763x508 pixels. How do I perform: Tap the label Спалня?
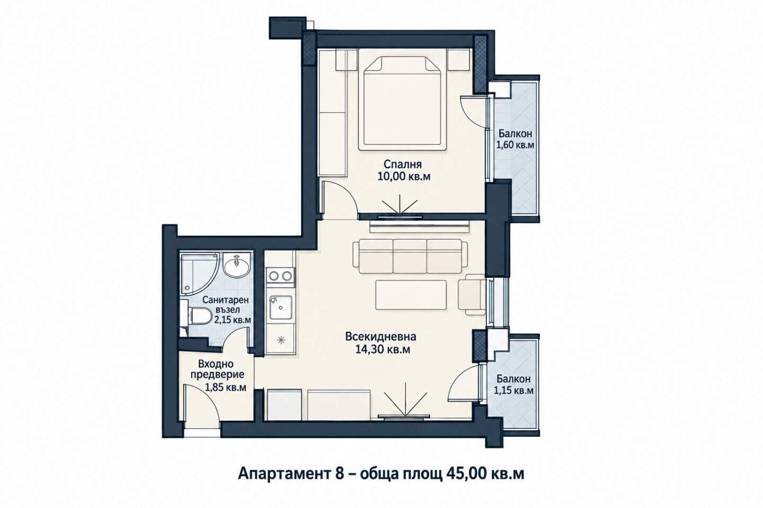click(x=403, y=165)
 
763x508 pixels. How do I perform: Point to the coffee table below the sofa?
click(x=411, y=295)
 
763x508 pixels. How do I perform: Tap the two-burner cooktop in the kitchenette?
click(x=280, y=275)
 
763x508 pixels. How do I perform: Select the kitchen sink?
click(x=281, y=307)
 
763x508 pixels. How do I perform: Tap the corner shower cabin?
click(x=197, y=272)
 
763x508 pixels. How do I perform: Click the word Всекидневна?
click(x=380, y=337)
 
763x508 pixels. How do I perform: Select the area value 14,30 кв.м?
click(x=383, y=349)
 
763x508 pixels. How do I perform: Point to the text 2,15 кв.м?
click(x=233, y=320)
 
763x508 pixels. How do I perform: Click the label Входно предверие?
click(x=217, y=369)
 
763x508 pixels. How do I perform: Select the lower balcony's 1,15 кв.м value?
click(x=513, y=391)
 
